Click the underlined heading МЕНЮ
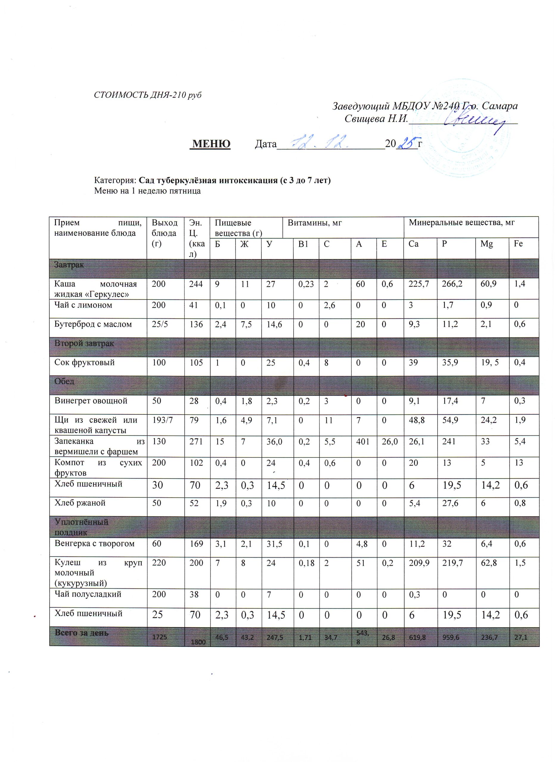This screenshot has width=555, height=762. [210, 144]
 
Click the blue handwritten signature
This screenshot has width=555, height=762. [475, 121]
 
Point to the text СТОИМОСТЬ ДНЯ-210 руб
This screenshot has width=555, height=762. [148, 95]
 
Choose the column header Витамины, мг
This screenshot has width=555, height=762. [314, 223]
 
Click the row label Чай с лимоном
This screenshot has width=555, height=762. [83, 305]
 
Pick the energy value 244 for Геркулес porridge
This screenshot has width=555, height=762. [196, 284]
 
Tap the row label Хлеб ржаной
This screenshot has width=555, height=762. [80, 503]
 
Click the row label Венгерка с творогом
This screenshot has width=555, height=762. [94, 544]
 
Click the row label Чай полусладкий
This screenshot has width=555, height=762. [88, 594]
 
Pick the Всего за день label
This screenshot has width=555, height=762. [82, 633]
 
